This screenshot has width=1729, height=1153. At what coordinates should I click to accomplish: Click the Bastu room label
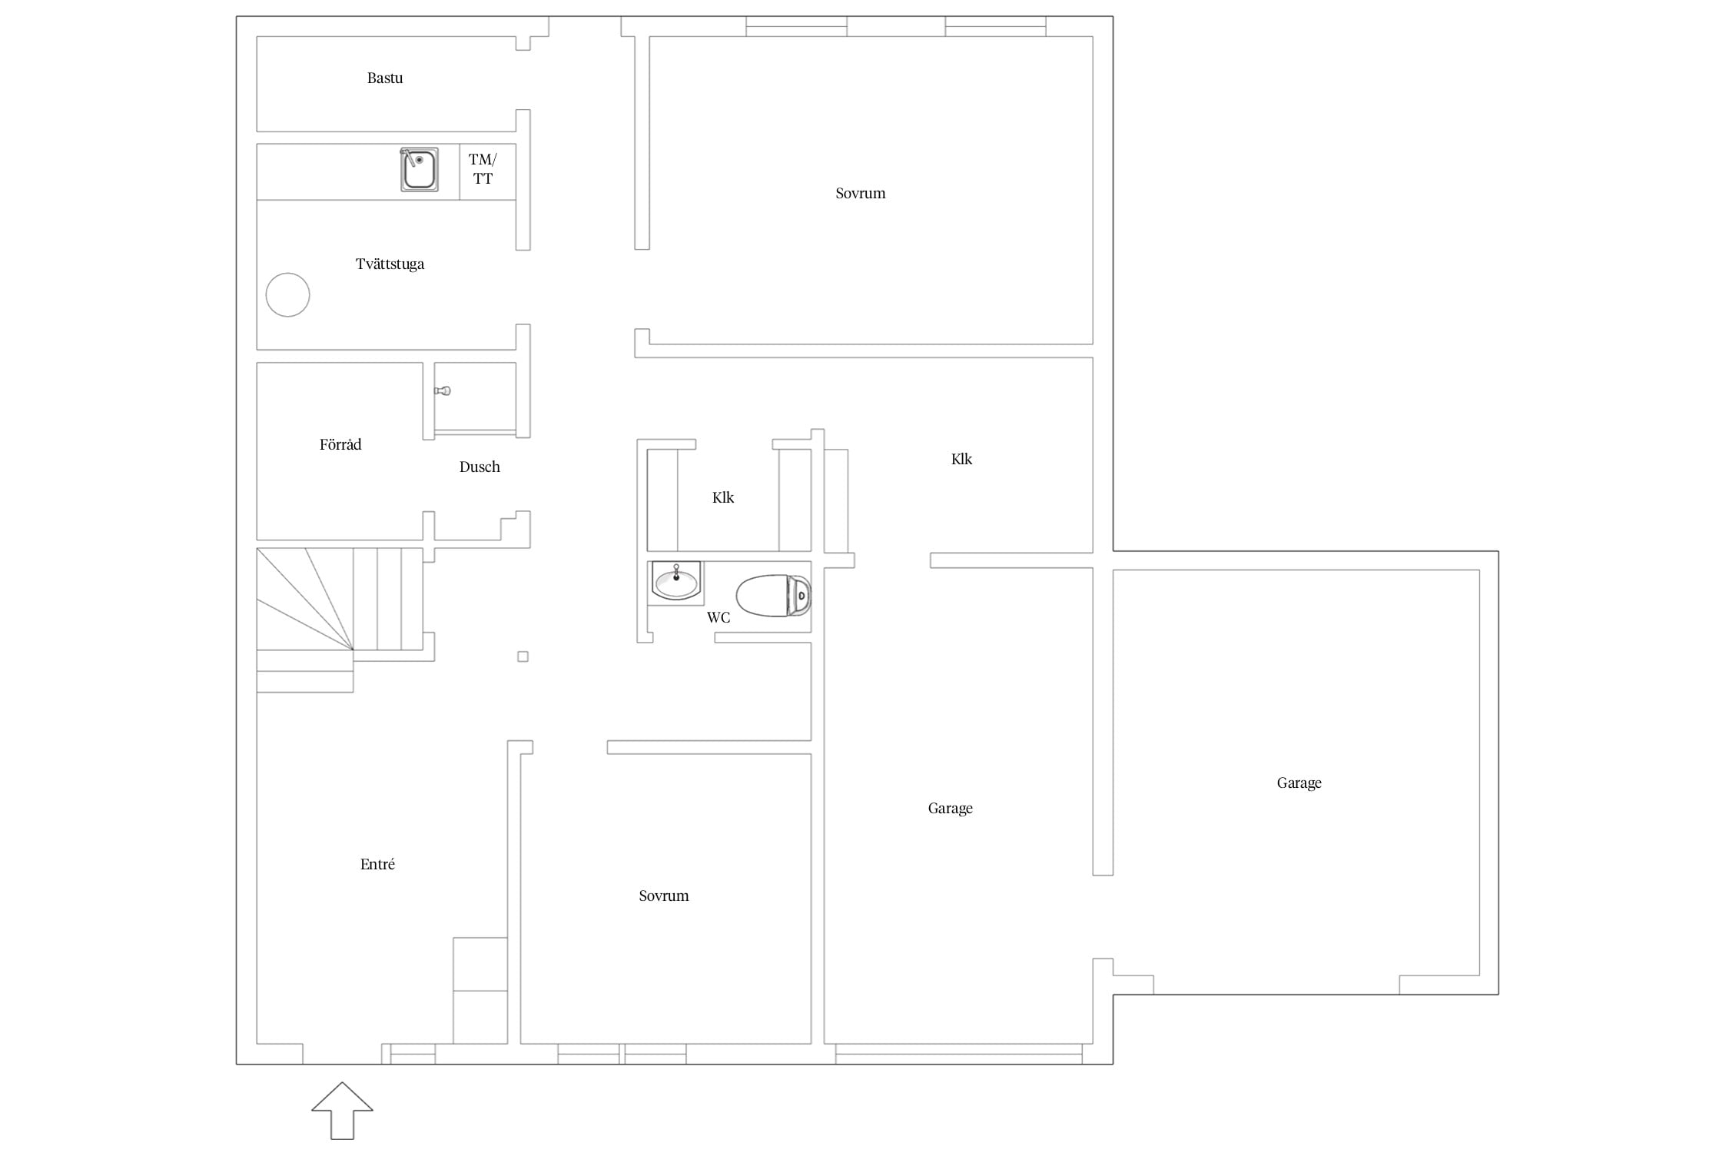[x=385, y=78]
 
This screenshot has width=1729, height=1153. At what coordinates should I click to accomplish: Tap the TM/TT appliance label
[x=483, y=169]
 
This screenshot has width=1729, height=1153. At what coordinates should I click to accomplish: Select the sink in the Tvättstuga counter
[x=420, y=169]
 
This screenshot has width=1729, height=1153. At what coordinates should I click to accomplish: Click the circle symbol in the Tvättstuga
[x=287, y=294]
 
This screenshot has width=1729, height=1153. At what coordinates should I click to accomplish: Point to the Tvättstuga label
[x=390, y=264]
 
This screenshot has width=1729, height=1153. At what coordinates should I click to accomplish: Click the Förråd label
[x=340, y=444]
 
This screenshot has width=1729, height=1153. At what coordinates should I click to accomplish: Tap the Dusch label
[x=480, y=467]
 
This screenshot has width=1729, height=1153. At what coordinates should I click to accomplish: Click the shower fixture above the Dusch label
[x=443, y=391]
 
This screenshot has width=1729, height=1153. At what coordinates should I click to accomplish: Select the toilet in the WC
[x=774, y=595]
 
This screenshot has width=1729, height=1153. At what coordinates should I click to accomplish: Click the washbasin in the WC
[x=676, y=580]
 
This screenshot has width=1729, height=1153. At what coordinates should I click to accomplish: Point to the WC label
[x=718, y=617]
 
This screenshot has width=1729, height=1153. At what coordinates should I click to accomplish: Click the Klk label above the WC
[x=723, y=497]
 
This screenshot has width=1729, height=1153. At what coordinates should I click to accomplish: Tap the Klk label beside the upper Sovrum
[x=961, y=459]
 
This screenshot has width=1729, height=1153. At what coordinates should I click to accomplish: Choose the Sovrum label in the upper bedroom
[x=860, y=193]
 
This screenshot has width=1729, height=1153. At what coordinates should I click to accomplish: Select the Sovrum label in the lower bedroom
[x=664, y=895]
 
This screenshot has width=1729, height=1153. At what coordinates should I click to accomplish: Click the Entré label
[x=377, y=864]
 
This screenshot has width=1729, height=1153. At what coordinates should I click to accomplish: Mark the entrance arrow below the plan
[x=342, y=1111]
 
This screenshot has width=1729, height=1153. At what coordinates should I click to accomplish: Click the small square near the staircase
[x=523, y=656]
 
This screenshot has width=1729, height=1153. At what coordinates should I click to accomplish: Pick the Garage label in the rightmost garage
[x=1299, y=783]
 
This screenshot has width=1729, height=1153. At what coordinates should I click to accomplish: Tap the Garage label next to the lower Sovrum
[x=951, y=808]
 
